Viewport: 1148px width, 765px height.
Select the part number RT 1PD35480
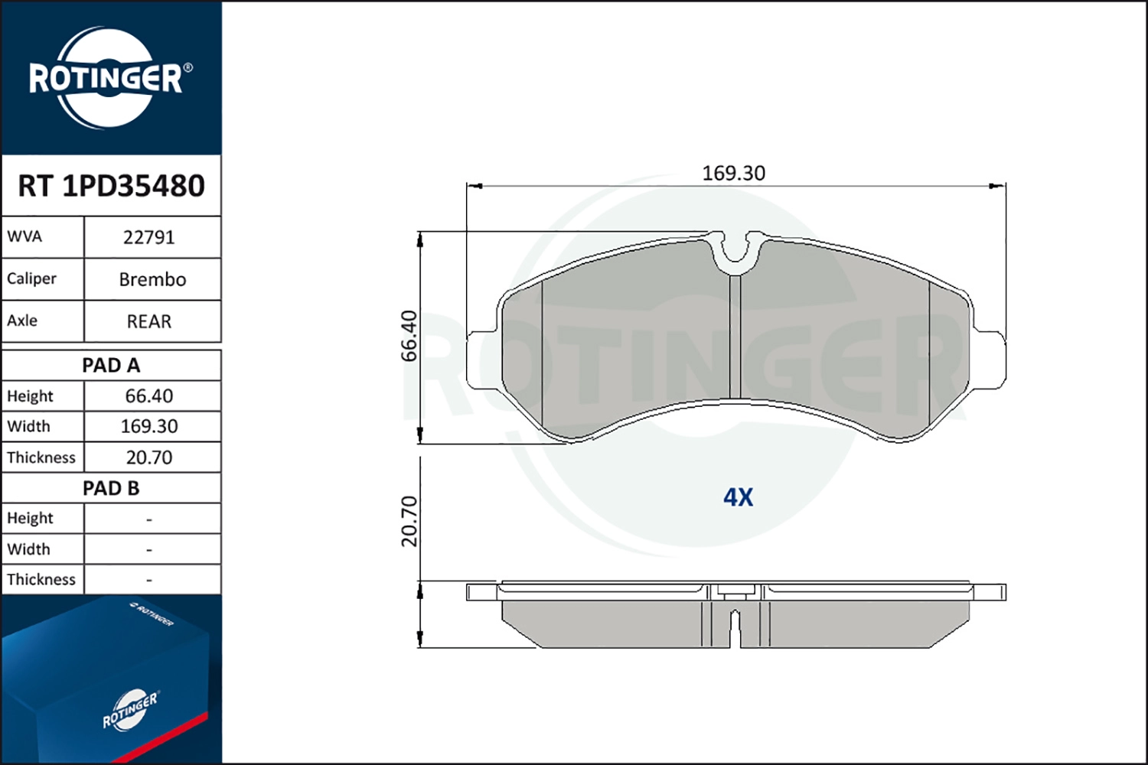(x=111, y=186)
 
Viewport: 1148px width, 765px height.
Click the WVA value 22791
(x=149, y=238)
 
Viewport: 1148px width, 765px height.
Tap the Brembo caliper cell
(x=152, y=280)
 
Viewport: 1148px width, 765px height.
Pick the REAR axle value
(x=149, y=322)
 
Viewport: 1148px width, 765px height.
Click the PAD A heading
(x=111, y=366)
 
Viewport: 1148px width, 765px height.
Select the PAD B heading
(x=111, y=488)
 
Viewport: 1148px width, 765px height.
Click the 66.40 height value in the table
(x=149, y=396)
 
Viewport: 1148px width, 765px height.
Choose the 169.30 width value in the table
(x=149, y=427)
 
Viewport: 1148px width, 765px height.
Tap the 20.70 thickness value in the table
(x=149, y=457)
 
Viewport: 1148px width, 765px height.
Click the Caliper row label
(x=32, y=279)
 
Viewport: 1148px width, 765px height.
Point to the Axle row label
(x=22, y=321)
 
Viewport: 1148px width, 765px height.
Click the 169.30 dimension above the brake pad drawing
(x=733, y=174)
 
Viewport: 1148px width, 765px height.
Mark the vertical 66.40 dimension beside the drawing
(x=409, y=336)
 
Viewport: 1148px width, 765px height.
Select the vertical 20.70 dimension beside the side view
(x=409, y=521)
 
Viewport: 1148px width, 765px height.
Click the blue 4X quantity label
(x=738, y=498)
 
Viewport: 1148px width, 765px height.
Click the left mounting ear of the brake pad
(x=481, y=360)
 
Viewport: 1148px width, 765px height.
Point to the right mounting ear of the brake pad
(x=990, y=360)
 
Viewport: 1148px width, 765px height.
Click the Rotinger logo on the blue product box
(x=130, y=711)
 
